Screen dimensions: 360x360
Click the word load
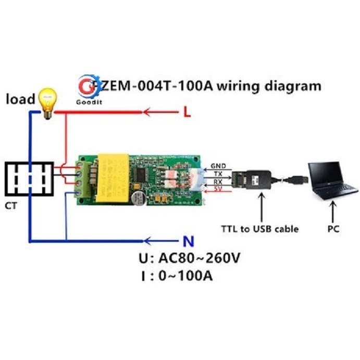[20, 99]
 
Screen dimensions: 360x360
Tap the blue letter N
[189, 241]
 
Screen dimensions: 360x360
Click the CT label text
[11, 206]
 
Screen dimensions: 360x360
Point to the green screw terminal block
[83, 180]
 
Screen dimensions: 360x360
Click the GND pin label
[219, 166]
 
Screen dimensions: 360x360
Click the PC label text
[334, 229]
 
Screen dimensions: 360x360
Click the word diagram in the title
[292, 85]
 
